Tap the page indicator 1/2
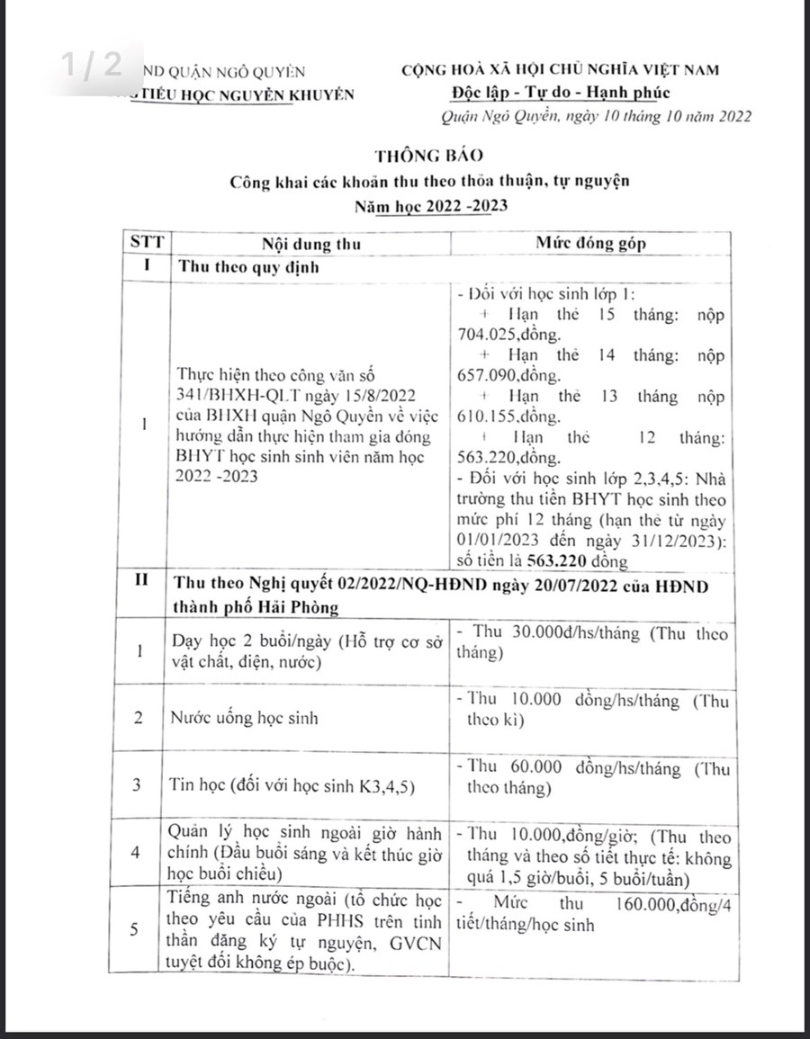91,65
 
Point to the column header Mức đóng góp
590,244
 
